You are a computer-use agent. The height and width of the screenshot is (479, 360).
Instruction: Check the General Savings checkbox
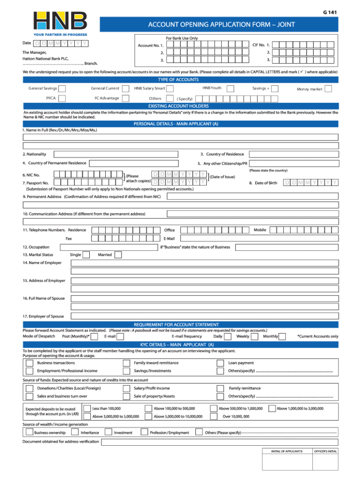62,88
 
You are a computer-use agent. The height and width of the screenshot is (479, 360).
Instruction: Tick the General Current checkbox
125,88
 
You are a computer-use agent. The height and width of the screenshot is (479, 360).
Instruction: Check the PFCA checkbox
62,98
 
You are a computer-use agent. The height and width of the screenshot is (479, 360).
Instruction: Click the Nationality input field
115,154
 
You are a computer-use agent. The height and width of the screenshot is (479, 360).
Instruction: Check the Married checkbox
118,255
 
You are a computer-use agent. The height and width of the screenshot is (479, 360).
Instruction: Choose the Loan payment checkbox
220,363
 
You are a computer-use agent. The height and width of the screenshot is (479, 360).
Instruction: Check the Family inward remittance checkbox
126,363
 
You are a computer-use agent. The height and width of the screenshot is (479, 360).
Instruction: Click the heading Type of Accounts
180,80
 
